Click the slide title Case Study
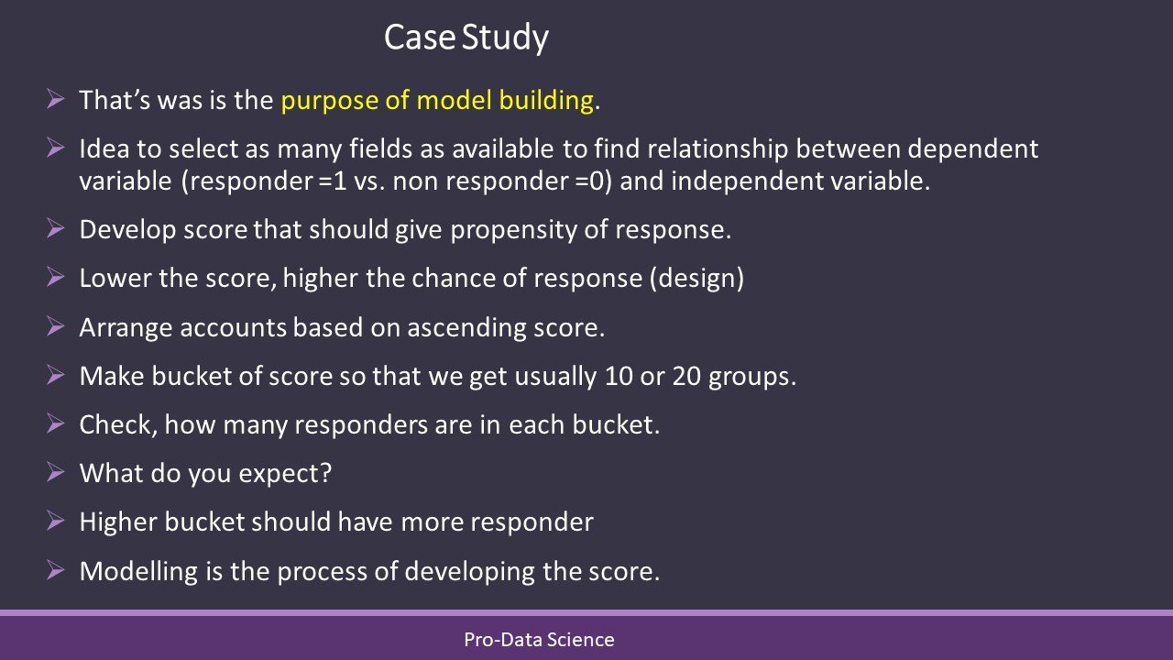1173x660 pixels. [466, 38]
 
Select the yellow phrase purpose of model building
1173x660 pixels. [437, 100]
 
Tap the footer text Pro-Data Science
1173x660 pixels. [539, 640]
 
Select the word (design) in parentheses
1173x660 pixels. [696, 279]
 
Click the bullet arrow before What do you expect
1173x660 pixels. [56, 472]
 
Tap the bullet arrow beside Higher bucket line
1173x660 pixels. [56, 521]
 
